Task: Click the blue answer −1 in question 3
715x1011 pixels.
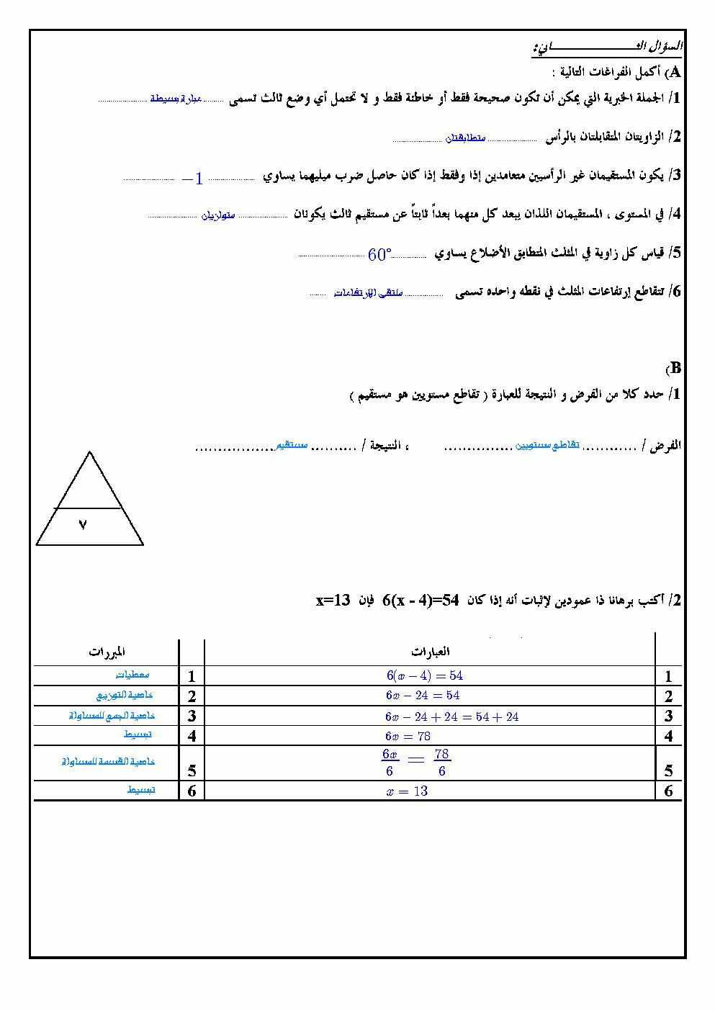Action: (193, 179)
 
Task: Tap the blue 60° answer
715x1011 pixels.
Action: (379, 255)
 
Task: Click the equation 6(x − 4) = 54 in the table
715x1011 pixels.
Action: (424, 675)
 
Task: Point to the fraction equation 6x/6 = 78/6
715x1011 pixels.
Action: (416, 763)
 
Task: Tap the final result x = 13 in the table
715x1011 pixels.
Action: (407, 791)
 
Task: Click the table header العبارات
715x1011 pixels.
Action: (431, 652)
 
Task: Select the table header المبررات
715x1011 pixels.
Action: (107, 652)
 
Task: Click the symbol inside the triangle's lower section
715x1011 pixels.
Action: (83, 526)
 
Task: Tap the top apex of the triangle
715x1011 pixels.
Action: (89, 453)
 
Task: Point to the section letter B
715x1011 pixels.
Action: (675, 368)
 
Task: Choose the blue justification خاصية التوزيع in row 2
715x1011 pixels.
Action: (125, 696)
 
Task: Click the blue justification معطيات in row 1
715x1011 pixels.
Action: (132, 675)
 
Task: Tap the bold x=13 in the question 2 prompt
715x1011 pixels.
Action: (333, 600)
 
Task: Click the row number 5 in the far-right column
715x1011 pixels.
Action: (669, 771)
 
